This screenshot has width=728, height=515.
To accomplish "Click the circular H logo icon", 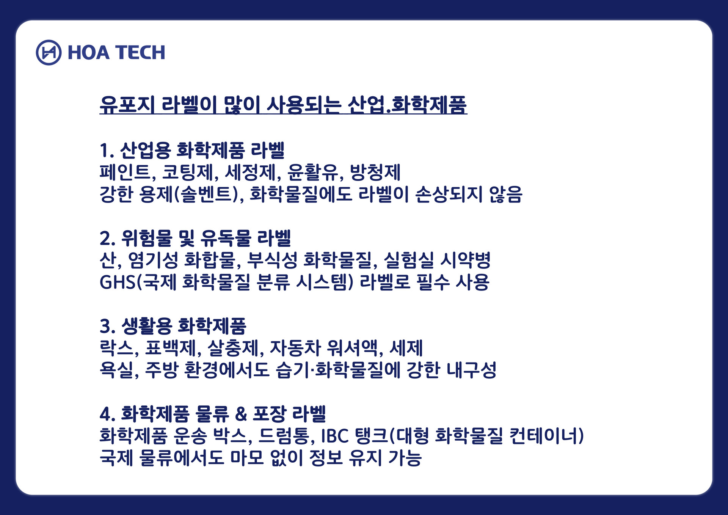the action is [49, 52].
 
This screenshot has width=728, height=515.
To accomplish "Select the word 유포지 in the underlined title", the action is [127, 105].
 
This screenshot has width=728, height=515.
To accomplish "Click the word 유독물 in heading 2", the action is [226, 238].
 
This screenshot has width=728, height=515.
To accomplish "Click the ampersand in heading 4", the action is [241, 414].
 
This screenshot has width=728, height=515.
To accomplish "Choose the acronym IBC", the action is [335, 436].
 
